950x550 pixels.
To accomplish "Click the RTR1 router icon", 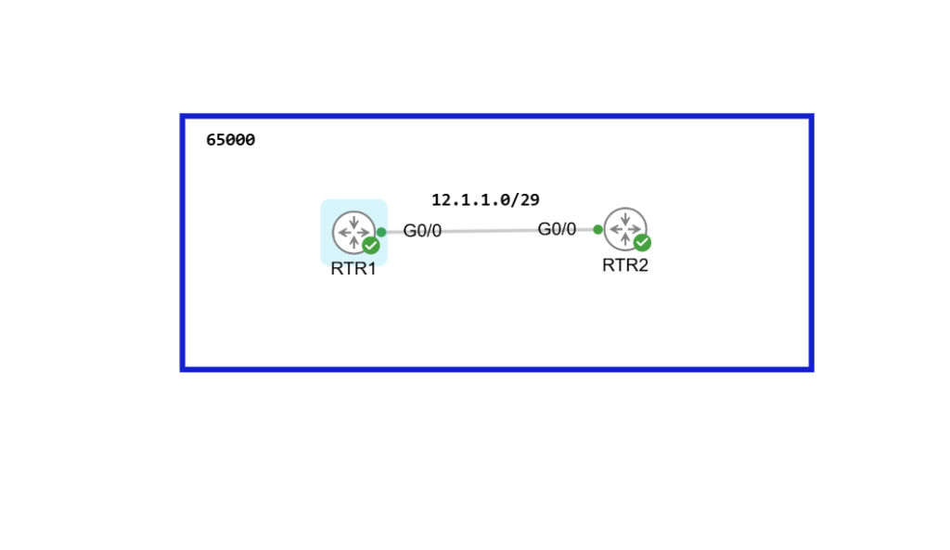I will pos(353,231).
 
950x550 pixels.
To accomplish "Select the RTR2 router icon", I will pos(624,228).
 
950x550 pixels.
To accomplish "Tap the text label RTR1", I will pos(353,270).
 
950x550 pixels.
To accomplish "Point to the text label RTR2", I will pos(625,264).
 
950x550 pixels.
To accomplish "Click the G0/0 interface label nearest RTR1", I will pos(422,231).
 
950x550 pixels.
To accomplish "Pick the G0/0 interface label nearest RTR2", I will pos(557,229).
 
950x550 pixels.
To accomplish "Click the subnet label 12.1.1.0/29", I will pos(485,199).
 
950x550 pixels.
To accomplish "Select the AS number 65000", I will pos(230,140).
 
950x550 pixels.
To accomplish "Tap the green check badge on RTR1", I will pos(371,246).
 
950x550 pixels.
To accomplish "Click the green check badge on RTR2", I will pos(642,243).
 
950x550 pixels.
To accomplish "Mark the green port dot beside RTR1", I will pos(381,232).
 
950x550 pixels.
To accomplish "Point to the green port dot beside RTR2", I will pos(597,229).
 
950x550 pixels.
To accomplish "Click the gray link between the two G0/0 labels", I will pos(489,230).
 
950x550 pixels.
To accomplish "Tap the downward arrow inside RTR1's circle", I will pos(353,222).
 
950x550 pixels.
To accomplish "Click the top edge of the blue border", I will pos(496,117).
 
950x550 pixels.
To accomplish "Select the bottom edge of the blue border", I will pos(496,369).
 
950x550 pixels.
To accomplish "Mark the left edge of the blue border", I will pos(183,243).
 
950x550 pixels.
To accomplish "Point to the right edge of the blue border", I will pos(811,243).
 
